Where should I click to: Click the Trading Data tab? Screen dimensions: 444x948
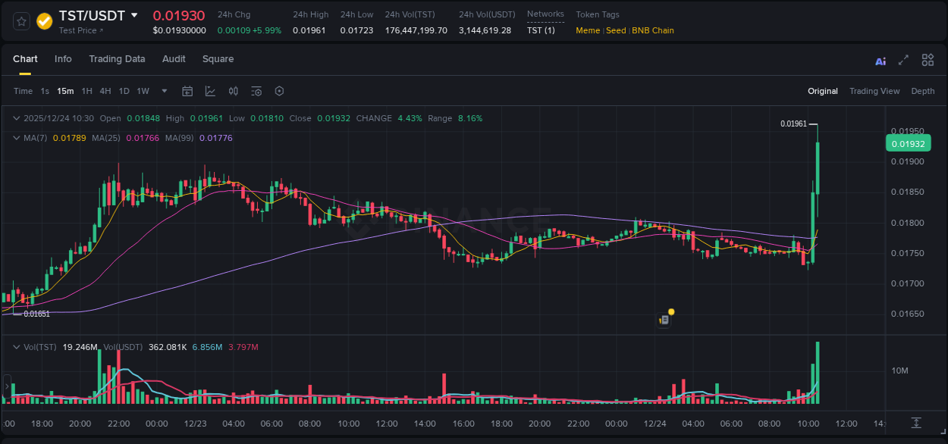[117, 59]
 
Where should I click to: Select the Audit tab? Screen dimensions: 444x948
[174, 59]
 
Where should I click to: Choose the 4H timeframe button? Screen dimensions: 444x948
[105, 91]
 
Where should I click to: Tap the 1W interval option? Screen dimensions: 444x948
[143, 91]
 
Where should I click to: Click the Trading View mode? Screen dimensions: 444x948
[874, 91]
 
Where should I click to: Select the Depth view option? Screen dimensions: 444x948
[922, 91]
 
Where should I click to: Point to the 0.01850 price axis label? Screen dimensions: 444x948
[907, 192]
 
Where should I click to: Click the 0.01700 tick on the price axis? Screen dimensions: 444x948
[907, 283]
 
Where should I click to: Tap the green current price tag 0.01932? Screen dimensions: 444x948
[908, 144]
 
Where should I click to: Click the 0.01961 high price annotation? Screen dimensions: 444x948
[793, 124]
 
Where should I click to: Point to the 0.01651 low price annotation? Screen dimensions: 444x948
[36, 314]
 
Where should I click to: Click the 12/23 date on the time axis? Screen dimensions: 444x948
[195, 424]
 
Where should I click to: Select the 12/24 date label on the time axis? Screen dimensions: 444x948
[654, 424]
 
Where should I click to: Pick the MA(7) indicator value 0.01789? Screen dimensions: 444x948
[69, 138]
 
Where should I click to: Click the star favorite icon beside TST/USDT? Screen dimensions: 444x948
[21, 21]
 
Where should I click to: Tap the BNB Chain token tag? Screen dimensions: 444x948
[652, 30]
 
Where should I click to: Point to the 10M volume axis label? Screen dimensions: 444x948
[900, 371]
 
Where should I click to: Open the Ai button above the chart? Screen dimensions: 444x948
[881, 61]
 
